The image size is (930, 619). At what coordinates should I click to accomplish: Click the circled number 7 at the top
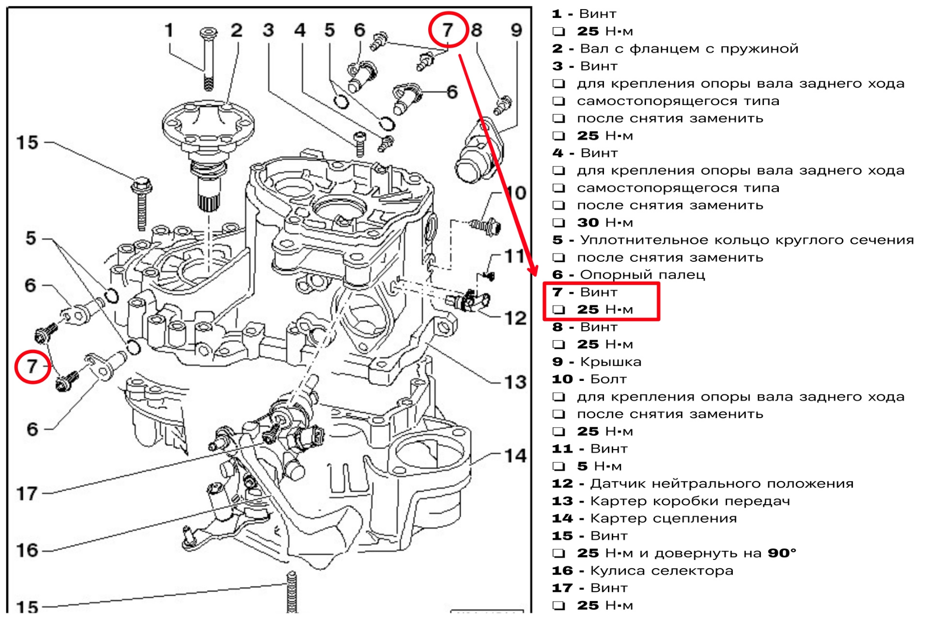pyautogui.click(x=448, y=30)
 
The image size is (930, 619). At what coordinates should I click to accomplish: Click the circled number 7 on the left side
pyautogui.click(x=32, y=366)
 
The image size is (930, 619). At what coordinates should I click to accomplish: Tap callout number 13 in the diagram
pyautogui.click(x=515, y=382)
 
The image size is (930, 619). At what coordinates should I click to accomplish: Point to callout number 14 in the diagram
pyautogui.click(x=515, y=455)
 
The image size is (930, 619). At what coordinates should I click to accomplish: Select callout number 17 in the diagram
pyautogui.click(x=27, y=494)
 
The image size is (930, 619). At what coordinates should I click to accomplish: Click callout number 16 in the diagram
pyautogui.click(x=27, y=550)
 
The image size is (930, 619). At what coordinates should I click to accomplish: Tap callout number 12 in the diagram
pyautogui.click(x=515, y=318)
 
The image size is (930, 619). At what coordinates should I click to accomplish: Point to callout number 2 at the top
pyautogui.click(x=236, y=30)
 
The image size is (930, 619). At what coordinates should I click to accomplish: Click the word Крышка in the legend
pyautogui.click(x=610, y=362)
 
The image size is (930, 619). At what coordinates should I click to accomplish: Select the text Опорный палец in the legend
pyautogui.click(x=642, y=275)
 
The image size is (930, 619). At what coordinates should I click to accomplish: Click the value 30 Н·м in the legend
pyautogui.click(x=604, y=223)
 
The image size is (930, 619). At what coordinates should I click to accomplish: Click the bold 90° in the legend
pyautogui.click(x=782, y=553)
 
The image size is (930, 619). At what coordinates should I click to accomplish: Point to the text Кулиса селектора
pyautogui.click(x=662, y=571)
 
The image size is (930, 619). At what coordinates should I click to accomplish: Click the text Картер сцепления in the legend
pyautogui.click(x=664, y=518)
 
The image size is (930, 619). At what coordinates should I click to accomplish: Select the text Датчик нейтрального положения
pyautogui.click(x=722, y=483)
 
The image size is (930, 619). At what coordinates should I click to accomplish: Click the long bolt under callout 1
pyautogui.click(x=208, y=59)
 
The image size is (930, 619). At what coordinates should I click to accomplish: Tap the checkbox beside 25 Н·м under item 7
pyautogui.click(x=559, y=309)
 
